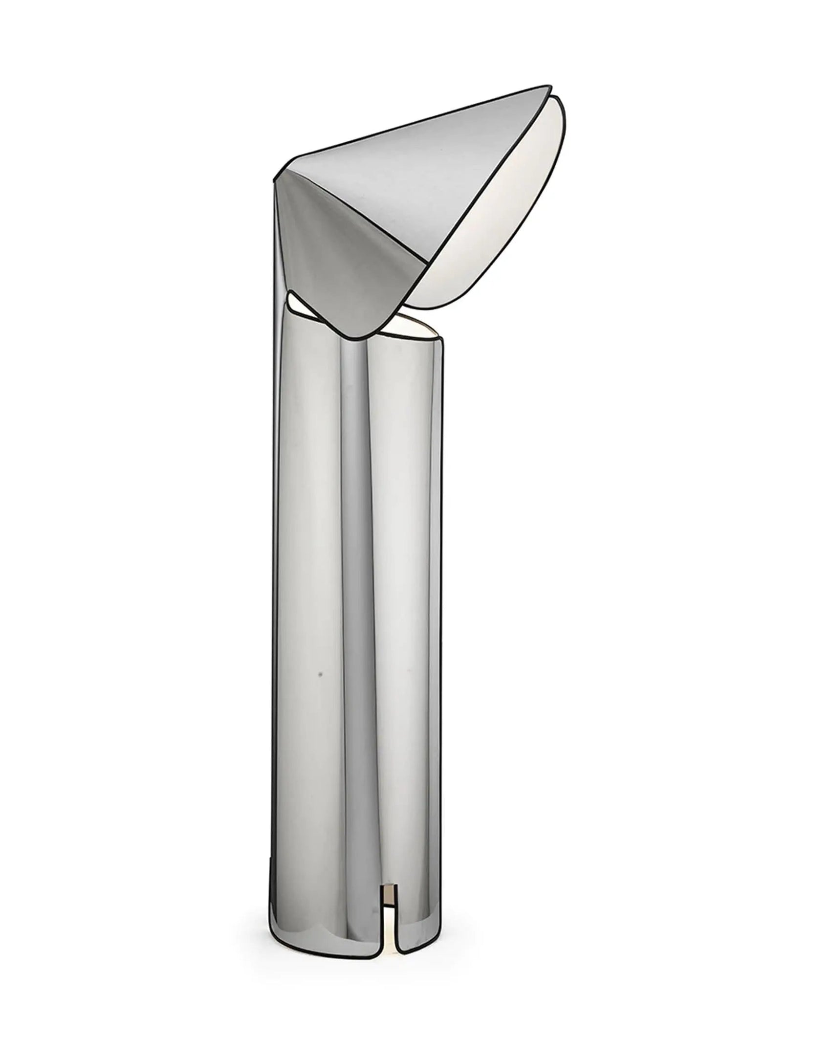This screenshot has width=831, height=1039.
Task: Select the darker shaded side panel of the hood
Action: (x=337, y=244)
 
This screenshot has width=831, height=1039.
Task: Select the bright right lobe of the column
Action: (x=415, y=587)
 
